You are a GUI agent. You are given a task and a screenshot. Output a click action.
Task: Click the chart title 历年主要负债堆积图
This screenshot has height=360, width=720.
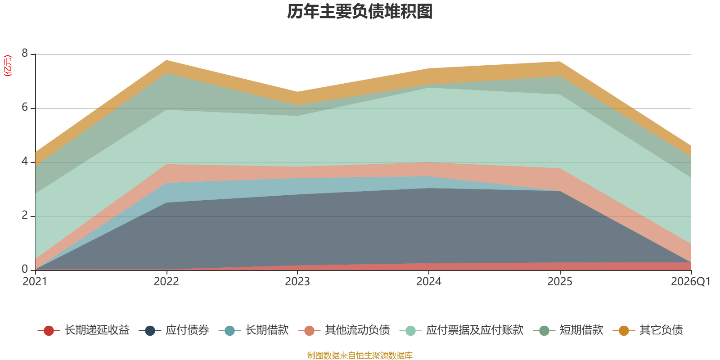pyautogui.click(x=360, y=12)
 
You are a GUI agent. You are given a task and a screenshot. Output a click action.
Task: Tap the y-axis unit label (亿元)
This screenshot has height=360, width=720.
pyautogui.click(x=8, y=66)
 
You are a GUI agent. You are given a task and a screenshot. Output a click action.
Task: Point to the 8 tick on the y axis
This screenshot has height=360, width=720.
pyautogui.click(x=25, y=54)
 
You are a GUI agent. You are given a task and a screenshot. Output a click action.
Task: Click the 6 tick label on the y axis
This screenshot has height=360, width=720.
pyautogui.click(x=25, y=108)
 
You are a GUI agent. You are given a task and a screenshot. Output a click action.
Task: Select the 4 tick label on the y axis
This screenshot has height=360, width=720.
pyautogui.click(x=25, y=162)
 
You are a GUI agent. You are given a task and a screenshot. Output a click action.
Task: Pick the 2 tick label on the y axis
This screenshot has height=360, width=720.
pyautogui.click(x=25, y=216)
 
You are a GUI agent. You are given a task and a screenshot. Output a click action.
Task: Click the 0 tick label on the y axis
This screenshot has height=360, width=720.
pyautogui.click(x=25, y=269)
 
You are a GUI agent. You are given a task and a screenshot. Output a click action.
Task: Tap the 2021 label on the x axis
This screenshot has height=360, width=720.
pyautogui.click(x=35, y=282)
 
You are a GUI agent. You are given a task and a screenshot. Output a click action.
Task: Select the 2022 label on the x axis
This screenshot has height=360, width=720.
pyautogui.click(x=166, y=282)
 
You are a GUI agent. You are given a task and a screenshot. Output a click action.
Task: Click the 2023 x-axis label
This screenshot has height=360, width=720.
pyautogui.click(x=297, y=282)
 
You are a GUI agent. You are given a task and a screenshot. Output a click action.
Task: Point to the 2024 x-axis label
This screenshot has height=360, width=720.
pyautogui.click(x=429, y=282)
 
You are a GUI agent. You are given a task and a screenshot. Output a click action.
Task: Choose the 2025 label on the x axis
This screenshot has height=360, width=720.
pyautogui.click(x=560, y=282)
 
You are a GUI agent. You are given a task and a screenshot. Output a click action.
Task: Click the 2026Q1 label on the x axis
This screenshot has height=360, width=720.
pyautogui.click(x=690, y=282)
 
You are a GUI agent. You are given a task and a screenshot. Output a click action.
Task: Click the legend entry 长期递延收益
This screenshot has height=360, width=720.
pyautogui.click(x=97, y=330)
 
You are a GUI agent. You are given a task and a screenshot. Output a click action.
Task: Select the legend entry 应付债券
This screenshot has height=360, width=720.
pyautogui.click(x=187, y=330)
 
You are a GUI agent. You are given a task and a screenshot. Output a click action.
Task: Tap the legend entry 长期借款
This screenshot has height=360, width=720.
pyautogui.click(x=267, y=330)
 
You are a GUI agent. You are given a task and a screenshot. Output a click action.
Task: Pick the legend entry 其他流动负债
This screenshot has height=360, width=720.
pyautogui.click(x=357, y=330)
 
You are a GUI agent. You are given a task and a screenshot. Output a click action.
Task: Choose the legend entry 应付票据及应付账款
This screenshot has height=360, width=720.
pyautogui.click(x=475, y=330)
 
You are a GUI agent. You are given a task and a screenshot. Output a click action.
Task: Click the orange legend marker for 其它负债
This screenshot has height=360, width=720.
pyautogui.click(x=624, y=331)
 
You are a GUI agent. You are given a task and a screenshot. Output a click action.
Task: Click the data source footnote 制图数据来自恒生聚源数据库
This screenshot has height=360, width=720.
pyautogui.click(x=360, y=355)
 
